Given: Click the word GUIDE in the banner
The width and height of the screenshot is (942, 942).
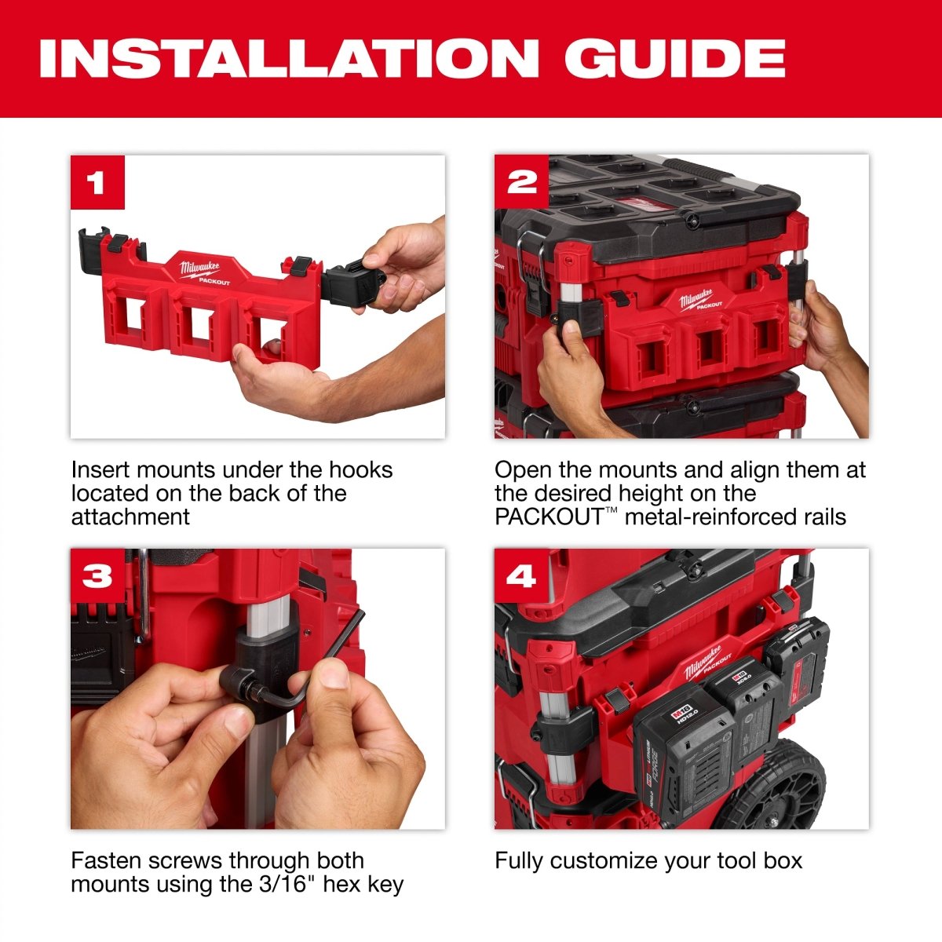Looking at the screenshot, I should point(674,58).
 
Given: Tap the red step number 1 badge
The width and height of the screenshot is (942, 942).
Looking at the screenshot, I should point(97,183).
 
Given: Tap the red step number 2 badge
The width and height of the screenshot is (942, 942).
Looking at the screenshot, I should point(521,182).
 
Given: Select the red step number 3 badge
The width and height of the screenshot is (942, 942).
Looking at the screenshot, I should point(97,575).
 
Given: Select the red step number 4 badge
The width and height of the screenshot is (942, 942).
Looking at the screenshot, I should point(521,575).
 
